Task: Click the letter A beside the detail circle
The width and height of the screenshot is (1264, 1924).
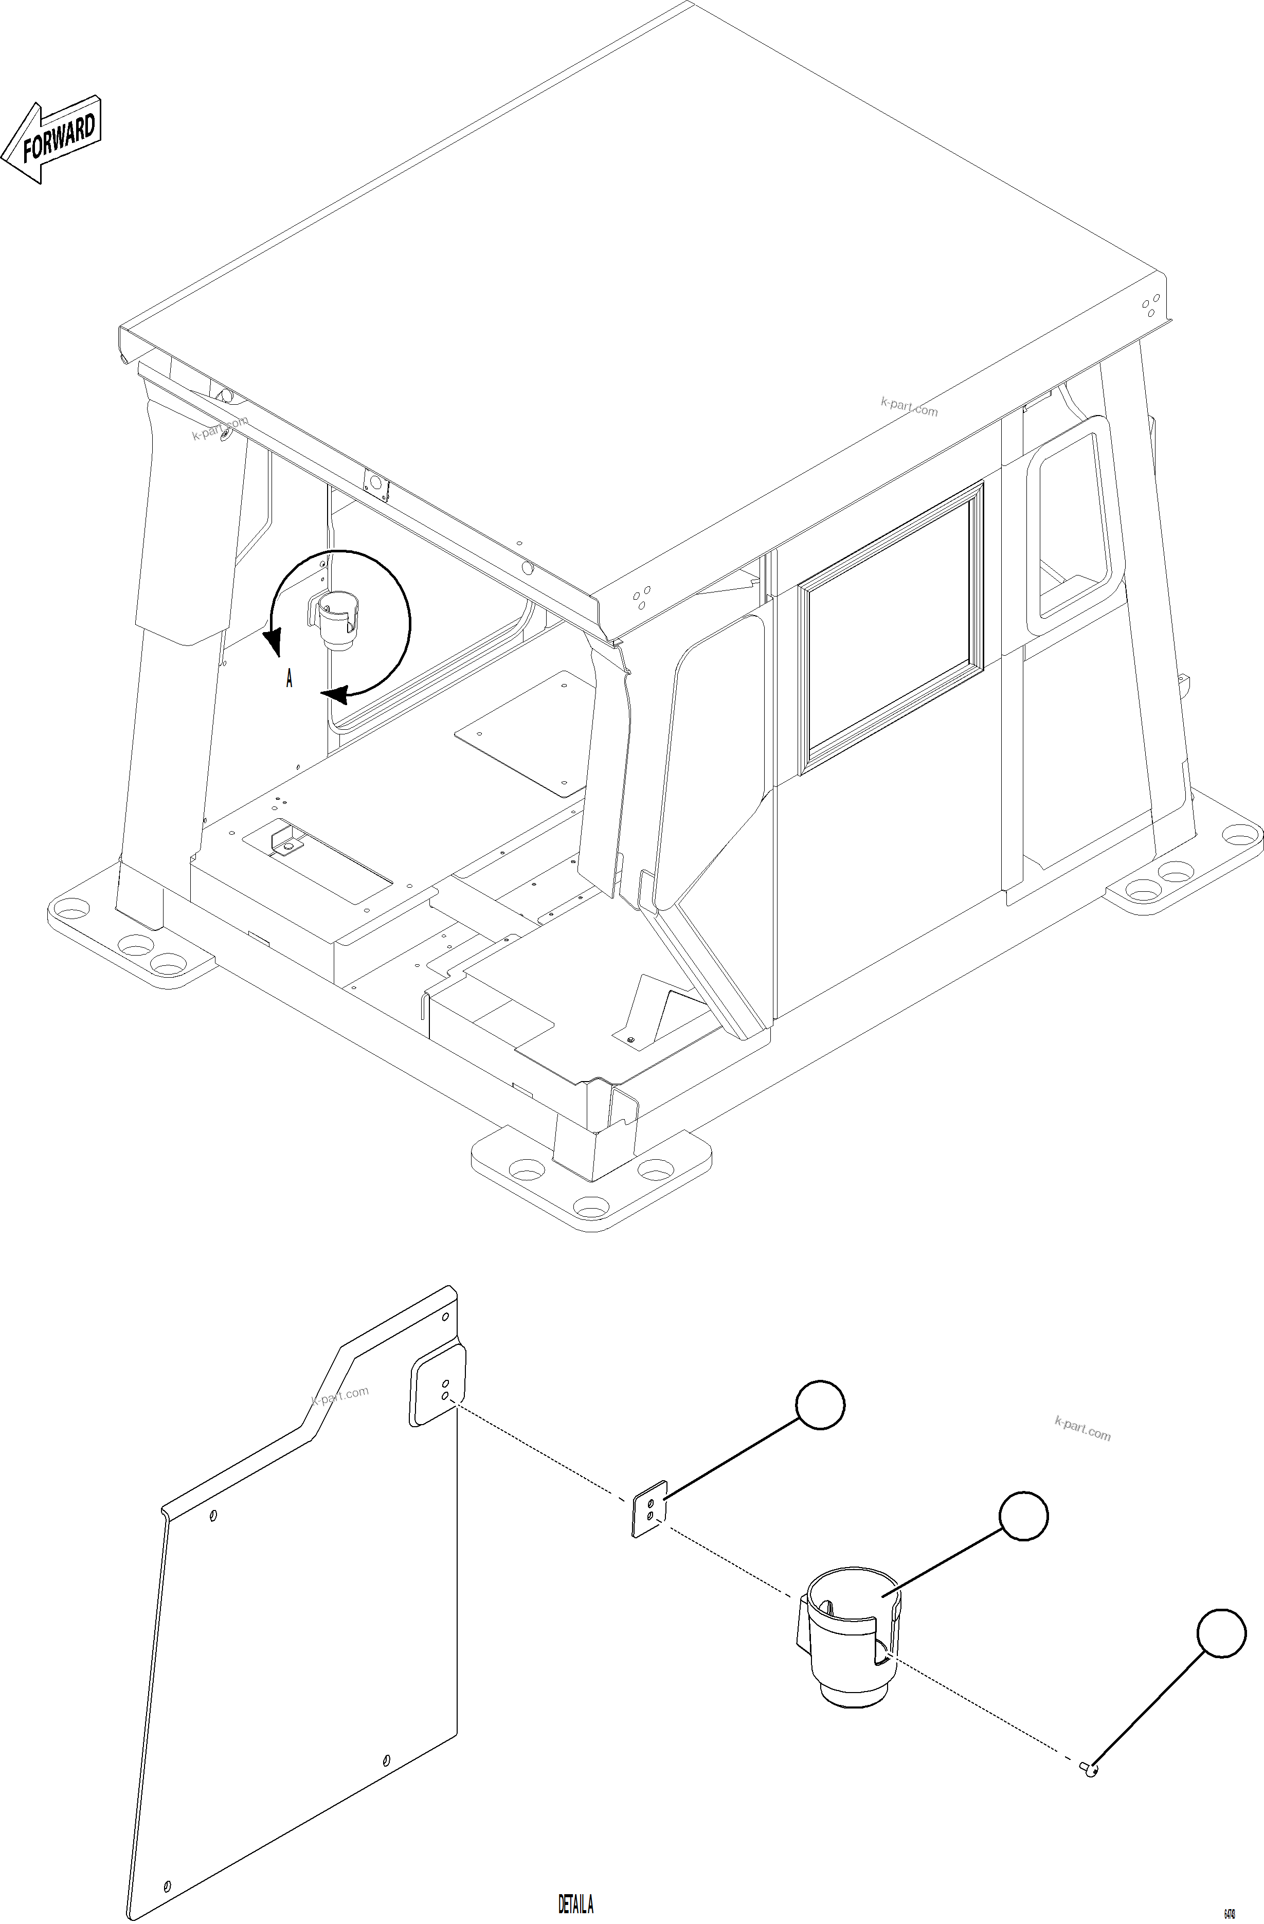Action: [288, 678]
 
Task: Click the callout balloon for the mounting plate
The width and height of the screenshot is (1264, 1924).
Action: [820, 1405]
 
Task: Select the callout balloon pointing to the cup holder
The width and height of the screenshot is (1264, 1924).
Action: [1023, 1516]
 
